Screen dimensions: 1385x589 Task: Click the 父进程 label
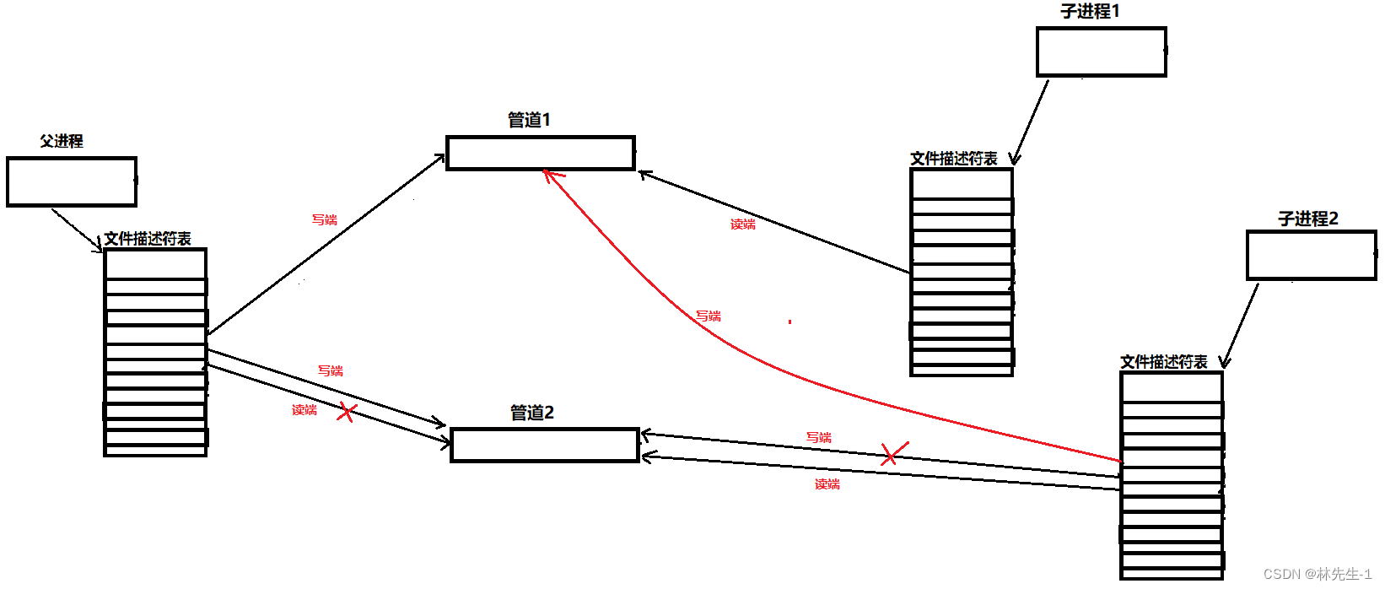pyautogui.click(x=62, y=141)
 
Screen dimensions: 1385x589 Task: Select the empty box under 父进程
pyautogui.click(x=72, y=181)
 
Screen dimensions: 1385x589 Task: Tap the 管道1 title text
pyautogui.click(x=529, y=120)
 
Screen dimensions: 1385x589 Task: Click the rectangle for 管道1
pyautogui.click(x=541, y=154)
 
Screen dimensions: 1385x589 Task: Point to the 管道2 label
pyautogui.click(x=531, y=413)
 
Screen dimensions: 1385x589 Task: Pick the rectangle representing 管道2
pyautogui.click(x=545, y=445)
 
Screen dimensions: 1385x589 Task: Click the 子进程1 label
pyautogui.click(x=1090, y=11)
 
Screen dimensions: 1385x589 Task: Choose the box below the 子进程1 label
pyautogui.click(x=1101, y=52)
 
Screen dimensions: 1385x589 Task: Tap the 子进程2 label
pyautogui.click(x=1307, y=219)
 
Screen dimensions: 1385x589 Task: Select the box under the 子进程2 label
pyautogui.click(x=1311, y=256)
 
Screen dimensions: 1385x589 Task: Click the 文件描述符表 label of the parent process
pyautogui.click(x=148, y=239)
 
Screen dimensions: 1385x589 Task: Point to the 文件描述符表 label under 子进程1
pyautogui.click(x=953, y=159)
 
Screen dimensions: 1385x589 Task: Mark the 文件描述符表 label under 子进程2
pyautogui.click(x=1163, y=362)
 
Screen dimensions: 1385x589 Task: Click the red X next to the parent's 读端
pyautogui.click(x=347, y=413)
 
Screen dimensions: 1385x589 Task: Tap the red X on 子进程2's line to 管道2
pyautogui.click(x=893, y=454)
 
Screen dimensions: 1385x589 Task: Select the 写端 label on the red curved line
pyautogui.click(x=709, y=316)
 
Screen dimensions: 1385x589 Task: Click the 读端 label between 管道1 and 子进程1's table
pyautogui.click(x=742, y=224)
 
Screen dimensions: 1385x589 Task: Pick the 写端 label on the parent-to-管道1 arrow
pyautogui.click(x=325, y=219)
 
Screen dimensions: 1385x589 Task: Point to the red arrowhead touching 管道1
pyautogui.click(x=548, y=175)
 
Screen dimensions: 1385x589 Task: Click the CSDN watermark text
pyautogui.click(x=1317, y=574)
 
